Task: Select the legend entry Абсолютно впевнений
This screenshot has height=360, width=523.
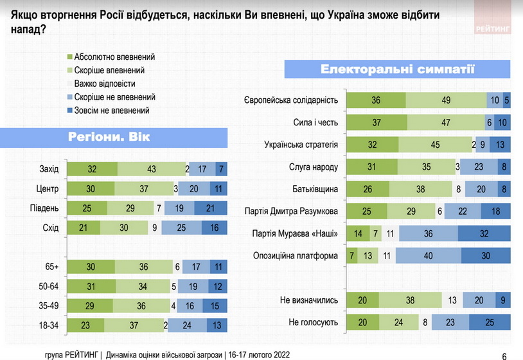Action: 114,57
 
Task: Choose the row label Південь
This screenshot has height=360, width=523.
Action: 44,208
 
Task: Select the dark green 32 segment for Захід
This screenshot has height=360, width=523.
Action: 93,170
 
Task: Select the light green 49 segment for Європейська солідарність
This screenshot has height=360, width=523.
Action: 446,100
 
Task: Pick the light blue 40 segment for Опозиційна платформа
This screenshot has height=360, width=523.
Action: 429,256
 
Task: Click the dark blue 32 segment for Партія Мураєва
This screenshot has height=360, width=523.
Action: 484,234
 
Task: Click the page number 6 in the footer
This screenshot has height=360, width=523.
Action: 502,354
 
